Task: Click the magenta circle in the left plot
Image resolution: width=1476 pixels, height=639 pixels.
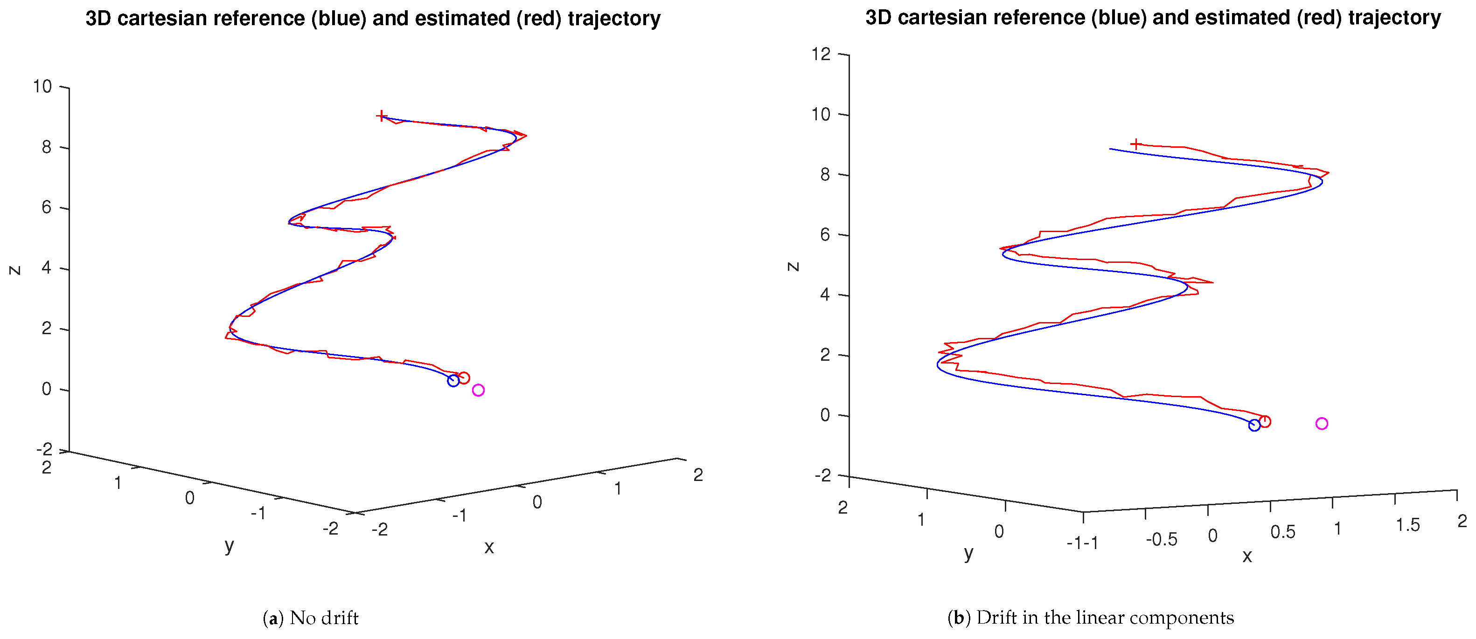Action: tap(478, 390)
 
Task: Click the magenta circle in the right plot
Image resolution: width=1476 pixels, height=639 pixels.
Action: tap(1321, 423)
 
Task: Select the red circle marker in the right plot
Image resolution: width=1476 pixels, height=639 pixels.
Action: tap(1265, 421)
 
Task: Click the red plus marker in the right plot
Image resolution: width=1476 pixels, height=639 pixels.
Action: tap(1135, 144)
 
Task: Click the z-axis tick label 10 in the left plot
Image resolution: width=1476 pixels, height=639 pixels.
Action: tap(42, 87)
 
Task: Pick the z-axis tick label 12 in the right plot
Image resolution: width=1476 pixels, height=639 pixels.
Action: tap(821, 54)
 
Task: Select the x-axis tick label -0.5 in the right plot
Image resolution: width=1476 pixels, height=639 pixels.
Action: tap(1161, 539)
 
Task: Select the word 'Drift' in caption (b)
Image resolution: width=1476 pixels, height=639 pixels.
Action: tap(997, 618)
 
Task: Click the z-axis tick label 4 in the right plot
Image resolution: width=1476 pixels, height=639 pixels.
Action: tap(824, 295)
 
